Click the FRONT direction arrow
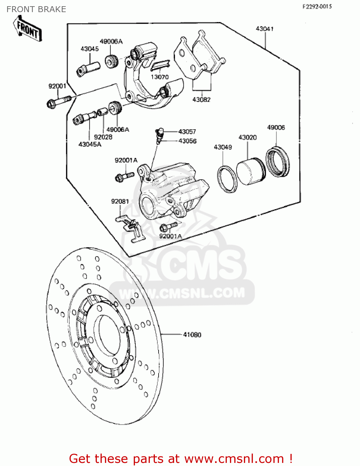[x=28, y=29]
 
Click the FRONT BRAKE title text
[x=36, y=9]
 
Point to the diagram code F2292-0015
[x=317, y=7]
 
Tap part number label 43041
[x=264, y=29]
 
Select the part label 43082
[x=201, y=100]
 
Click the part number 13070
[x=160, y=77]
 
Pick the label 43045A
[x=90, y=144]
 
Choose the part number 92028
[x=103, y=137]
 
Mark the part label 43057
[x=187, y=132]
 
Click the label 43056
[x=187, y=141]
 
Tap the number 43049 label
[x=223, y=147]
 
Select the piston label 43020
[x=247, y=137]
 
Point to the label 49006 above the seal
[x=276, y=127]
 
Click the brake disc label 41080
[x=192, y=335]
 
